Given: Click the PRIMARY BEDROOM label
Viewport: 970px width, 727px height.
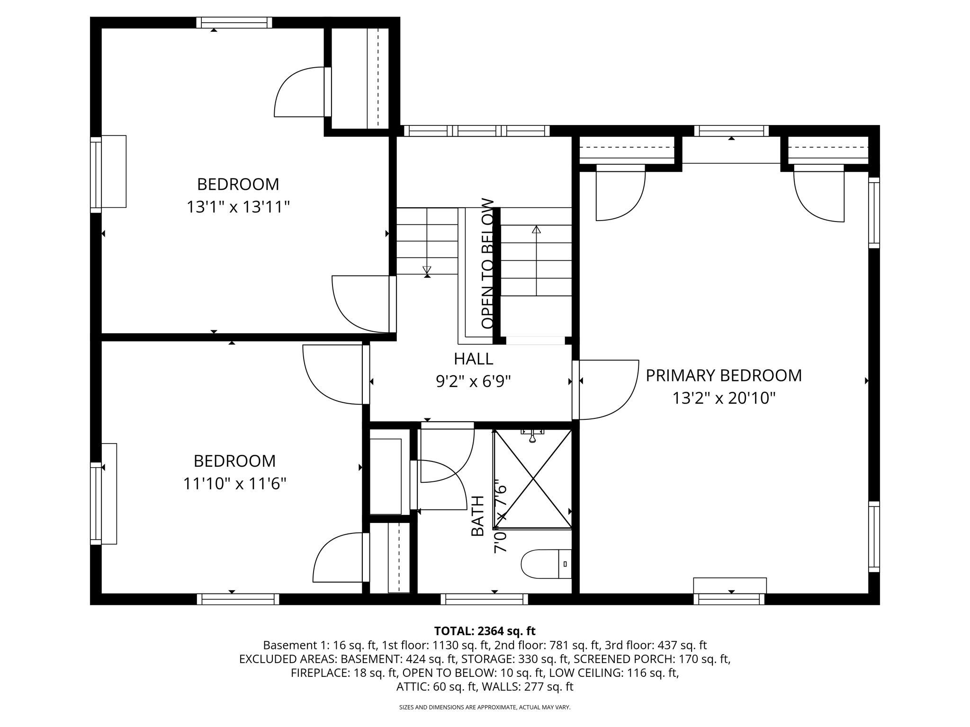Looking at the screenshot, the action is [x=724, y=375].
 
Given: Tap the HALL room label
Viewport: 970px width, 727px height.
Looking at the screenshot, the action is [x=474, y=359].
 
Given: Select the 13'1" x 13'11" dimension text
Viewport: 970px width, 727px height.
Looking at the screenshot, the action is [x=238, y=207].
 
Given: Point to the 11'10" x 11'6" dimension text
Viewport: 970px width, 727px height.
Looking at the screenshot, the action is [x=235, y=484].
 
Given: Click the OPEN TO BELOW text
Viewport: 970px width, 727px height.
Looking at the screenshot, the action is [x=488, y=263].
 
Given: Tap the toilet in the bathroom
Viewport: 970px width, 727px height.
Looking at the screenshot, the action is [x=546, y=564].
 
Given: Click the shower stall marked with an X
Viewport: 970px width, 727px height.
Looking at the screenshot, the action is [x=533, y=479].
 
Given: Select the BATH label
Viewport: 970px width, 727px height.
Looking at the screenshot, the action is [x=477, y=516].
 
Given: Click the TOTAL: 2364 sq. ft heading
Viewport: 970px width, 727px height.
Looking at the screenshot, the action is [x=485, y=631].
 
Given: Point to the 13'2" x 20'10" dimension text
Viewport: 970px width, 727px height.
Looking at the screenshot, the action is [x=724, y=398].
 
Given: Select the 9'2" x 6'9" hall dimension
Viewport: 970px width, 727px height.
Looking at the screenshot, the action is [x=474, y=381].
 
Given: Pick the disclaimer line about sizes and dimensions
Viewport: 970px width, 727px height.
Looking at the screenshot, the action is [x=485, y=707].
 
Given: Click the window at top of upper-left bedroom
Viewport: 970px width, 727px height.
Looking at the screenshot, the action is [x=234, y=23].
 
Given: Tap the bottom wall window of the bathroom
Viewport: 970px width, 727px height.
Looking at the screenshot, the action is [x=484, y=599].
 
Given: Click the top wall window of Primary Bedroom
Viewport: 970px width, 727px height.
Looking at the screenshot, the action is [x=731, y=131].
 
